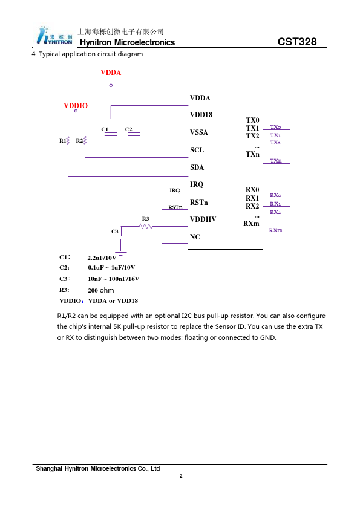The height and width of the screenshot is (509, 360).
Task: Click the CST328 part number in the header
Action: coord(297,42)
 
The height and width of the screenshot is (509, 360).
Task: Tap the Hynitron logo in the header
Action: coord(54,36)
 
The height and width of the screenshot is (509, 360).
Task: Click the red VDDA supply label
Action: coord(111,73)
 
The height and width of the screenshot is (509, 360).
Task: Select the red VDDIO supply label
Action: coord(76,106)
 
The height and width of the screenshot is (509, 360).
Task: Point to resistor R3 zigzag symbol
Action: coord(146,226)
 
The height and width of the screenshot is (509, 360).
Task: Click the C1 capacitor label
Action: coord(105,129)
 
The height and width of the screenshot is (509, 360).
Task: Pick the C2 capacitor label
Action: coord(129,129)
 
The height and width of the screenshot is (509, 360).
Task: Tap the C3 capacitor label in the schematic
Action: coord(115,232)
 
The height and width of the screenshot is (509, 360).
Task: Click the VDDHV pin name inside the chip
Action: coord(203,219)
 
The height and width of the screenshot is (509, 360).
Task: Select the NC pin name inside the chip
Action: coord(195,237)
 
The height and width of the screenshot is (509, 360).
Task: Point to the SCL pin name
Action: coord(197,150)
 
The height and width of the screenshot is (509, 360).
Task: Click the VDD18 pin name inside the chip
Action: coord(201,115)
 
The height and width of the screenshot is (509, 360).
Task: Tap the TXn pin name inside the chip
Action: coord(252,154)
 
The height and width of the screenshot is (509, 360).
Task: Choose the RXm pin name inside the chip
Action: coord(251,224)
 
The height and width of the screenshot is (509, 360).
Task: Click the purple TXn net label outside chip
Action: coord(276,161)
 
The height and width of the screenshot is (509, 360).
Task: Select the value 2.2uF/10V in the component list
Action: coord(102,258)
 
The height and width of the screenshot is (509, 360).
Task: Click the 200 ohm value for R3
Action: coord(101,290)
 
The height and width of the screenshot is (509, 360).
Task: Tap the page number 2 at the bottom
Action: coord(181,476)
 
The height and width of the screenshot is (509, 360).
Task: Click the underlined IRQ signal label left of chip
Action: coord(175,190)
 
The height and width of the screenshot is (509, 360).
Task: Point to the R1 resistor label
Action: coord(62,141)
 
